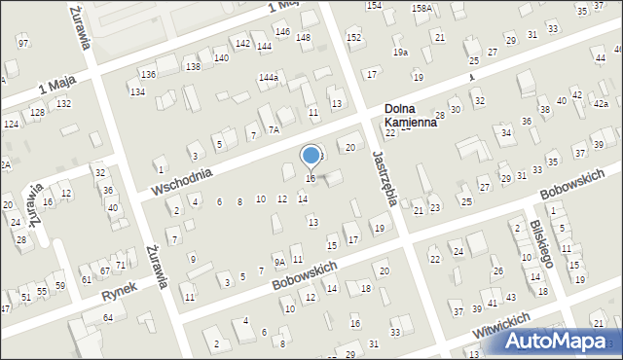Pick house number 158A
421,8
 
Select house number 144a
269,77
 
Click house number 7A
275,129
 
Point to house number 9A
278,262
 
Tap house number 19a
400,52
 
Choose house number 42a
601,104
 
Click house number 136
148,75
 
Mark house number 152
353,37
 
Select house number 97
23,44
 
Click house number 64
108,318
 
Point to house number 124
11,125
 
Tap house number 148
303,38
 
